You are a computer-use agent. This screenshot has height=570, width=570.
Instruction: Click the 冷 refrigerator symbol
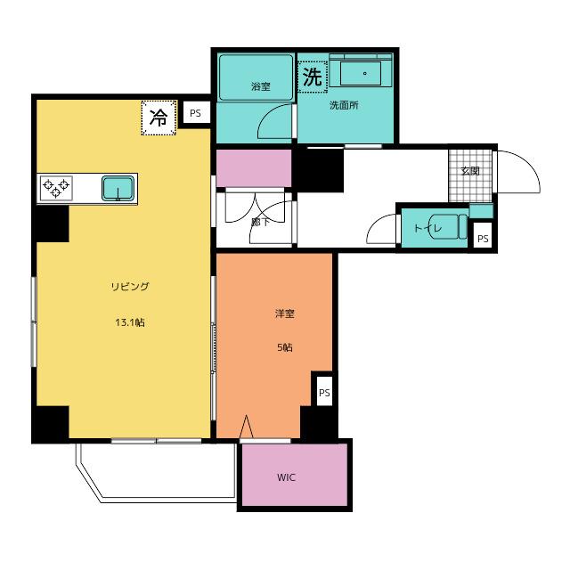point(159,118)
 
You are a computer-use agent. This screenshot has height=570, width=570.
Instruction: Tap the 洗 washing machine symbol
point(313,77)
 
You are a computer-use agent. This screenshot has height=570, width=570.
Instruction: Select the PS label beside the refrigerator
point(195,113)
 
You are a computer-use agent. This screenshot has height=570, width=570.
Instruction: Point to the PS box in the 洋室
point(324,391)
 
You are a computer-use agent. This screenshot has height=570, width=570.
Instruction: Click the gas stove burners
point(56,188)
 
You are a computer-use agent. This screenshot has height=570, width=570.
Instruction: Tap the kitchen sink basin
point(118,188)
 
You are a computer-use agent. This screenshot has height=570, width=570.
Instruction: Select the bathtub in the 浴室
point(256,77)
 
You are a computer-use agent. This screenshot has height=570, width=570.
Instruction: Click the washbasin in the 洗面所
point(361,73)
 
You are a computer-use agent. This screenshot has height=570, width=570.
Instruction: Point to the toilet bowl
point(448,226)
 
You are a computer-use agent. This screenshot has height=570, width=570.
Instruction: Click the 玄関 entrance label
point(470,171)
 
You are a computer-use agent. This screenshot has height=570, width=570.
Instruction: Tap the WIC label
point(287,477)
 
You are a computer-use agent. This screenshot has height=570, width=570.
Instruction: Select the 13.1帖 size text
point(130,322)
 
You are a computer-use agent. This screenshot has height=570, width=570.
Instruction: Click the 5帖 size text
point(285,347)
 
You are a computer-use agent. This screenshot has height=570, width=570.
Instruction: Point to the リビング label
point(130,287)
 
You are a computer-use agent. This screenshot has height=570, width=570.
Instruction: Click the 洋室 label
point(285,313)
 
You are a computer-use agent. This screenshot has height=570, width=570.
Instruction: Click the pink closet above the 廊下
point(254,168)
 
